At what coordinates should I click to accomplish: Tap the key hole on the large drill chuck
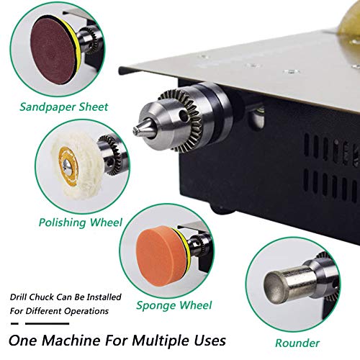click(x=184, y=116)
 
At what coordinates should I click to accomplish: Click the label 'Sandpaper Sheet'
click(x=64, y=107)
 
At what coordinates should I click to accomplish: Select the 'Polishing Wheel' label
click(x=81, y=222)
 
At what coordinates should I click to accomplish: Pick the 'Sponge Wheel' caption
click(x=174, y=305)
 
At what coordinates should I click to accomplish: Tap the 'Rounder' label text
click(x=297, y=343)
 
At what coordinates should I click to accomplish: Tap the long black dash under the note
click(x=47, y=323)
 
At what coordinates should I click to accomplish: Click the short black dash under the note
click(x=14, y=323)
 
